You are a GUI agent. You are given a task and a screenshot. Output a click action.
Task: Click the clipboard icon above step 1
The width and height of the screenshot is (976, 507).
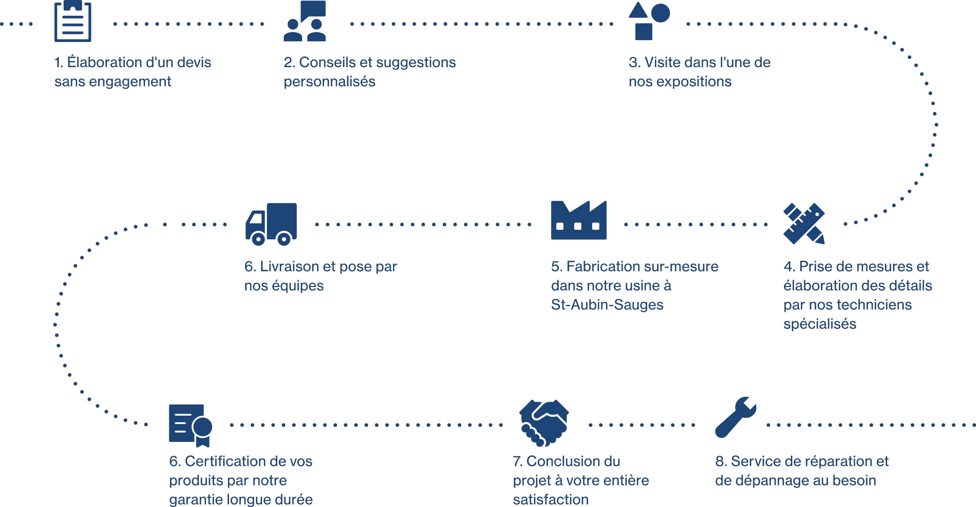tap(73, 22)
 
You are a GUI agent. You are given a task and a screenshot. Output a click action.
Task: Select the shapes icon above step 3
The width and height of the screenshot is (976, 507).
tap(649, 21)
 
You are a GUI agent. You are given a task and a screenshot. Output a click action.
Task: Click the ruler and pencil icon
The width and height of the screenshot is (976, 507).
tap(804, 223)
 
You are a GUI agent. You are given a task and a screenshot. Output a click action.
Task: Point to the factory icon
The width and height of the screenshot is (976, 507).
tap(579, 221)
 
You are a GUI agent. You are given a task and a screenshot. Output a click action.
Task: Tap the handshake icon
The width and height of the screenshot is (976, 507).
tap(544, 422)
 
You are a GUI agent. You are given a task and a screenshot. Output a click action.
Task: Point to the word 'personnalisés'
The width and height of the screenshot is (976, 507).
tap(329, 82)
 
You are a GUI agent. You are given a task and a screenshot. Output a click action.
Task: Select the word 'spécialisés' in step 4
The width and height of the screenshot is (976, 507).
tap(819, 324)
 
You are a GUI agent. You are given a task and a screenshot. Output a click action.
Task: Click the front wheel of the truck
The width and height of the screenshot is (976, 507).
tap(258, 239)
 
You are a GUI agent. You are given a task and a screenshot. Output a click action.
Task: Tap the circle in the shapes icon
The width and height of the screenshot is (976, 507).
tap(660, 13)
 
